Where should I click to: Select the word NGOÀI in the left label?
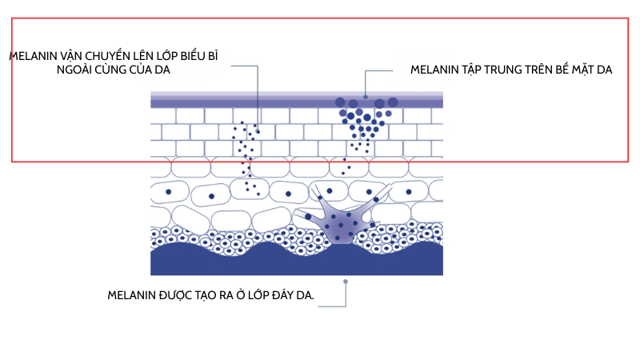coord(74,70)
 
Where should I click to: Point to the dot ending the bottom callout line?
coord(346,282)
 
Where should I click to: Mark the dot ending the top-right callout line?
coord(366,97)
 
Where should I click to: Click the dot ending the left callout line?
coord(258,132)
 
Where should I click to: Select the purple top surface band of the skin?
coord(297,100)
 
